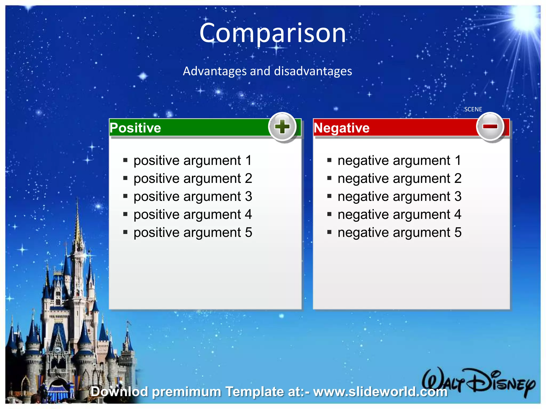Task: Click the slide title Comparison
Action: click(272, 33)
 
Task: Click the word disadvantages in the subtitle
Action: click(313, 71)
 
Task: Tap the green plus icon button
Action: click(282, 127)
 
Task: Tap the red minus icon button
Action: click(490, 126)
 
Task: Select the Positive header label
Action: click(135, 128)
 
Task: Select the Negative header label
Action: click(342, 128)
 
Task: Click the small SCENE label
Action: click(473, 109)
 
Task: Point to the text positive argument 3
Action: click(192, 197)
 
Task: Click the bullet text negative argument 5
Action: click(399, 232)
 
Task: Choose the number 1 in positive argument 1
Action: click(248, 161)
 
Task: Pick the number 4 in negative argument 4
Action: click(458, 215)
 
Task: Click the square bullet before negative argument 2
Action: click(329, 178)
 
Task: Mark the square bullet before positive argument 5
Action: click(125, 232)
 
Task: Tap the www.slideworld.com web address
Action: click(380, 391)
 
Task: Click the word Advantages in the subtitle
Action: click(215, 71)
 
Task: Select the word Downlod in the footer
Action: click(119, 391)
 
